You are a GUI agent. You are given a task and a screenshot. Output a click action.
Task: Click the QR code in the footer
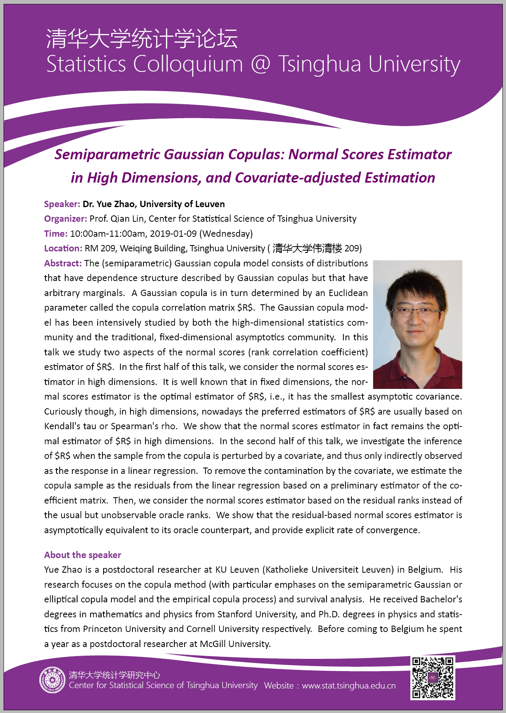pos(432,677)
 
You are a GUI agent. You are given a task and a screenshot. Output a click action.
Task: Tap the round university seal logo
pos(52,680)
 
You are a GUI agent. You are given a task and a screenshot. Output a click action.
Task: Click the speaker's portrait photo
pos(417,324)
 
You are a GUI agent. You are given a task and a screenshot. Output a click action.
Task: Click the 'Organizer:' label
pos(66,219)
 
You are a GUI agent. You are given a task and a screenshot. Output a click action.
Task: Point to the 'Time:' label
pos(56,234)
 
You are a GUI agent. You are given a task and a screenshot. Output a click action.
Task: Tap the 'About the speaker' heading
pos(83,555)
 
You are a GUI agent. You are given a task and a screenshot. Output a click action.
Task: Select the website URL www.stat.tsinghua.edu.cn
pos(349,685)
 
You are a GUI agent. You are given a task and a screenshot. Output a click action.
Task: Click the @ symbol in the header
pos(261,64)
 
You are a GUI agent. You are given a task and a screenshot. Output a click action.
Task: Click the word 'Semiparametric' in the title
pos(107,154)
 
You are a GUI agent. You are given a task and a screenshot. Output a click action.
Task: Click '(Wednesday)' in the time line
pos(226,234)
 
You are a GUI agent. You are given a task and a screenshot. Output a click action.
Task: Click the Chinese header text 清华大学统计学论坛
pos(142,39)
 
